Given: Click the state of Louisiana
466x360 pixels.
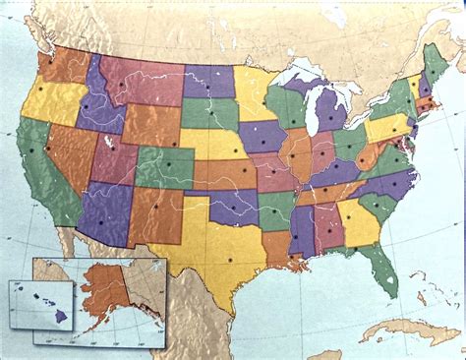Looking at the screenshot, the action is coord(276,249).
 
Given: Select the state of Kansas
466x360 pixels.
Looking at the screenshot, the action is coord(224,173).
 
